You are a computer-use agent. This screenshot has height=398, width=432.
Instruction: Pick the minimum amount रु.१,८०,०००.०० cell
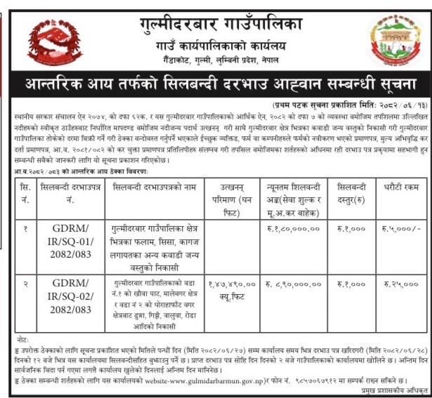click(294, 227)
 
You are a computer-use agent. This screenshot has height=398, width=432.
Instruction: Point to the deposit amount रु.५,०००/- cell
click(402, 227)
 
